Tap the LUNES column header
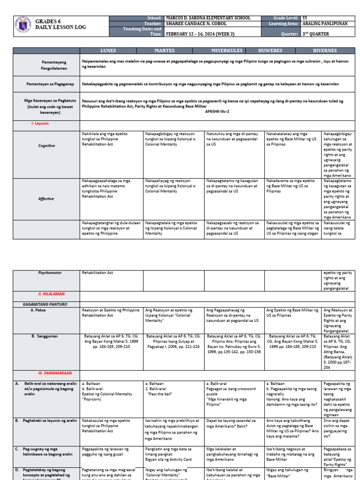coord(108,50)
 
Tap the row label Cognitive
coord(46,146)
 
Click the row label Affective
coord(46,199)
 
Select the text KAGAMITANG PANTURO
coord(45,304)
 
